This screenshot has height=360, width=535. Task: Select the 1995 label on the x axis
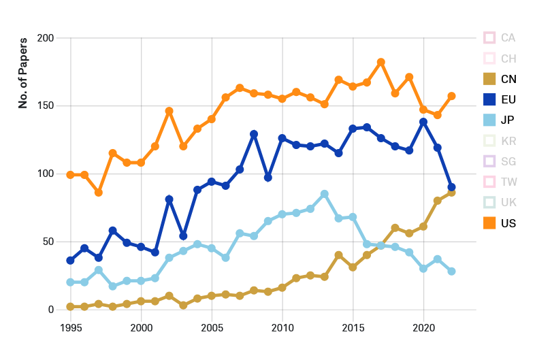[70, 327]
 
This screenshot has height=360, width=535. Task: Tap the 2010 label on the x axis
[282, 327]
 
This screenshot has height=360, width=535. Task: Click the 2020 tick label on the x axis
[423, 327]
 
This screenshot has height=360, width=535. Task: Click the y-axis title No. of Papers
[22, 73]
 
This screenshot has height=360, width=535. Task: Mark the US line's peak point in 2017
[381, 62]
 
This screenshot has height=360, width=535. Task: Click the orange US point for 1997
[99, 193]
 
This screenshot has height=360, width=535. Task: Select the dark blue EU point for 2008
[254, 134]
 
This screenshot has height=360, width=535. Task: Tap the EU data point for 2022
[451, 187]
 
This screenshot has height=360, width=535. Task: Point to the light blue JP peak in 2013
[325, 194]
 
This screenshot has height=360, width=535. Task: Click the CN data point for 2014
[338, 255]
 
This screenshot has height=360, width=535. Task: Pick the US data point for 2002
[169, 111]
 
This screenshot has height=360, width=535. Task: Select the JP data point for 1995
[70, 282]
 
